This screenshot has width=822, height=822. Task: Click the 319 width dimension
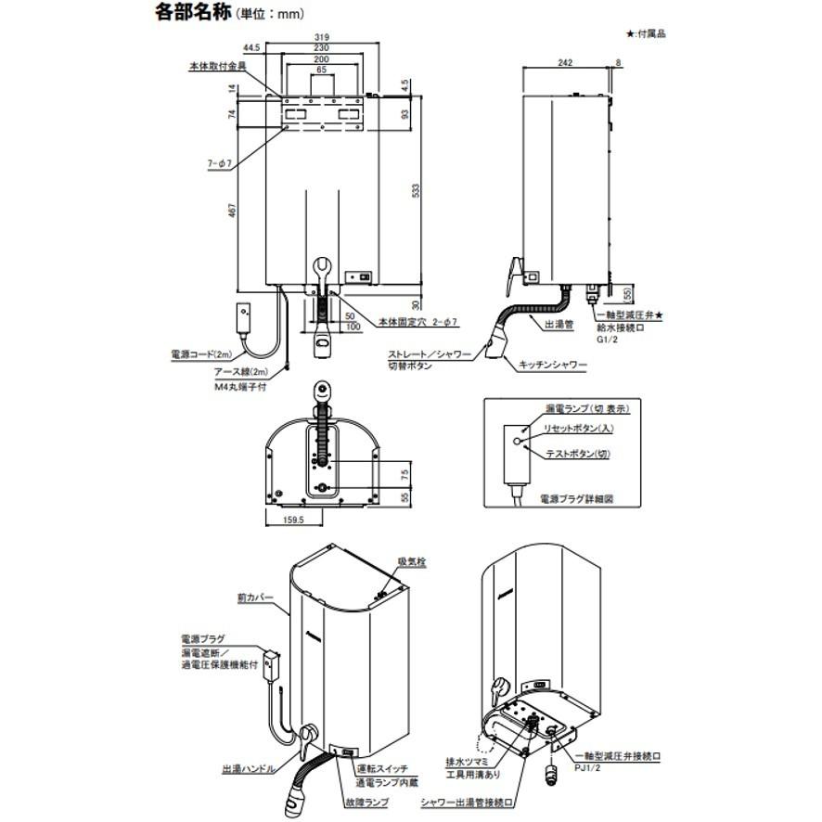click(320, 38)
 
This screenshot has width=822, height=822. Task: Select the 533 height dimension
click(416, 191)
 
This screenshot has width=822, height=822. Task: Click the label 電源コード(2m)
click(201, 354)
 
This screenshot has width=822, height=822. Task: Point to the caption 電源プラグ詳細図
click(577, 499)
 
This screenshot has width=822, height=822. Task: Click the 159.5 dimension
click(293, 519)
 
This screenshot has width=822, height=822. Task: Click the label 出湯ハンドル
click(247, 769)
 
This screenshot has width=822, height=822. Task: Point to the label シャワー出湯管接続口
click(465, 800)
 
